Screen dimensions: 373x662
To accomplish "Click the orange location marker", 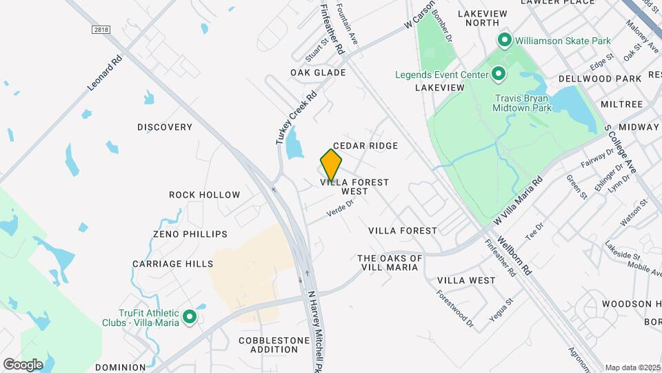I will click(x=331, y=164).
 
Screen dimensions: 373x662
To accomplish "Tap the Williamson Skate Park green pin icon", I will click(x=504, y=41).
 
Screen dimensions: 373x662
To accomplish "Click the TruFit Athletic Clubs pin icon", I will click(x=189, y=318).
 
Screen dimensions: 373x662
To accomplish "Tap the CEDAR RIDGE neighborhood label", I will click(x=365, y=146).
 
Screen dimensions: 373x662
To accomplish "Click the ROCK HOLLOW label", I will click(x=205, y=195).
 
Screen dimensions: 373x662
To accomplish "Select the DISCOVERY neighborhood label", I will click(x=165, y=127).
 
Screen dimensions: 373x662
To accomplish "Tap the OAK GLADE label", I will click(x=318, y=73).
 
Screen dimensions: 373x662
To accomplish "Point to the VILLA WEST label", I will click(x=466, y=280).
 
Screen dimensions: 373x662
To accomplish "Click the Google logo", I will click(x=23, y=364).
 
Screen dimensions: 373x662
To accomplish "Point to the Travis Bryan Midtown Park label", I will click(x=522, y=103).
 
